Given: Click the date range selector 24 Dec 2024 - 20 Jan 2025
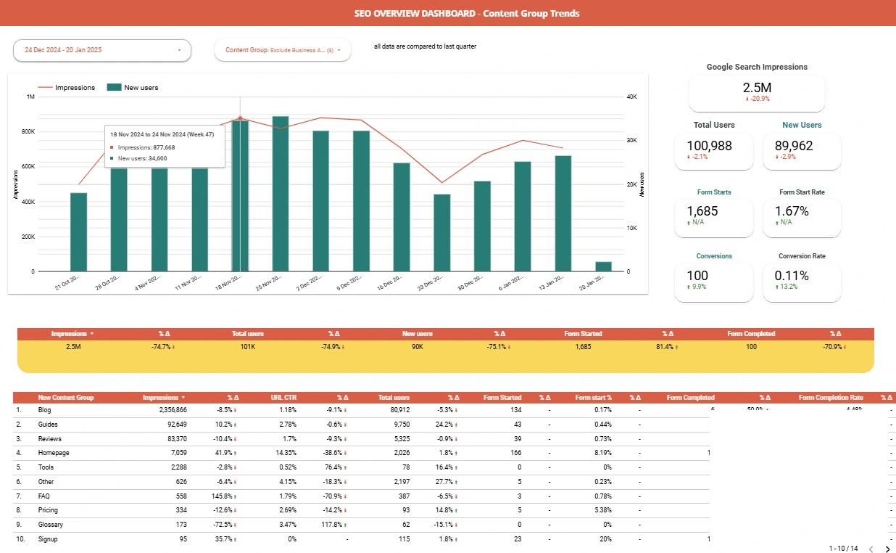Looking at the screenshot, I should tap(101, 50).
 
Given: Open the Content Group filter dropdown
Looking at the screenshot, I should tap(282, 50).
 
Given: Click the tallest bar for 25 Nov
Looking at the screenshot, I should tap(281, 194).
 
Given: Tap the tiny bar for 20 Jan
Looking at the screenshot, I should tap(603, 266).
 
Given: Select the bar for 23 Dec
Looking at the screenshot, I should tap(441, 232).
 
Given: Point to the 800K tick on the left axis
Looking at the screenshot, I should tap(28, 132).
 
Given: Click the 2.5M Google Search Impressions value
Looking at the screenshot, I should tap(756, 87).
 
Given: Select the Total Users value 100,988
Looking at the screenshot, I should tap(713, 146).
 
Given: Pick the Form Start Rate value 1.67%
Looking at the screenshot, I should tap(792, 211).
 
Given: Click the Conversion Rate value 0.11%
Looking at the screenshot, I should tap(792, 276).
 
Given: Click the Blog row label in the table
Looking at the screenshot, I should tap(44, 410).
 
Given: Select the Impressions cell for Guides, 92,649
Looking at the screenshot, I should tap(172, 425).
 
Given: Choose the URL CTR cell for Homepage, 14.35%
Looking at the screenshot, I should tap(286, 453).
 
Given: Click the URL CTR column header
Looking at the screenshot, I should tap(283, 398).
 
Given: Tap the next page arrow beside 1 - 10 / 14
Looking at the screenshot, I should tap(887, 549).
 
